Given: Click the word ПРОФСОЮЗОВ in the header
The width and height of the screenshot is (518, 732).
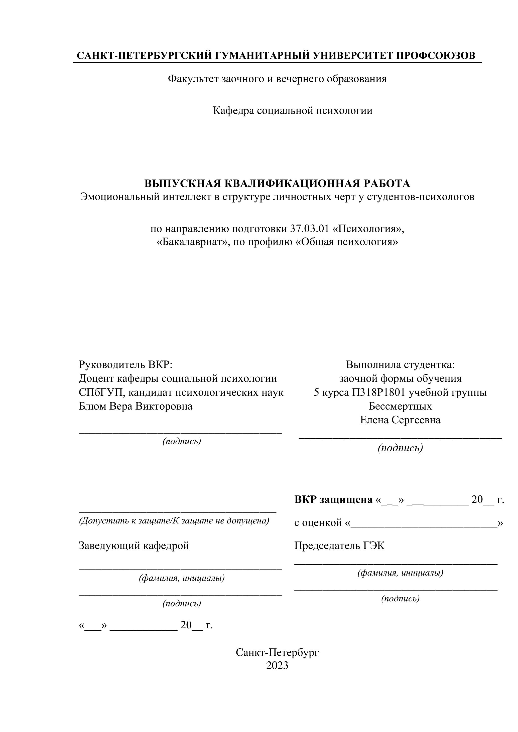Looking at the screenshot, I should pyautogui.click(x=435, y=56).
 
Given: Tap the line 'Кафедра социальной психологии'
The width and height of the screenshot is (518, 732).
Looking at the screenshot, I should pyautogui.click(x=293, y=111).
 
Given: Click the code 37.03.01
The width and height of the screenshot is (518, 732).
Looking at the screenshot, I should pyautogui.click(x=309, y=229).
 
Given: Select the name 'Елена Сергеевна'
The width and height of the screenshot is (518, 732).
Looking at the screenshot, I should pyautogui.click(x=400, y=420).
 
